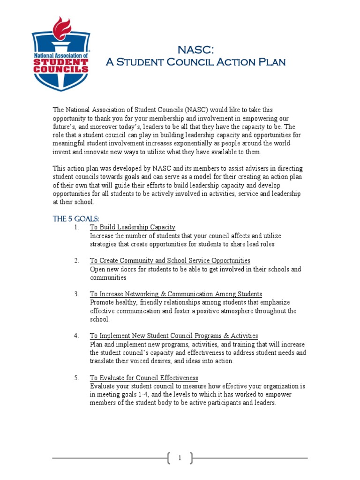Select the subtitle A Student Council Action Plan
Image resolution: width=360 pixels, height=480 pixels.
195,62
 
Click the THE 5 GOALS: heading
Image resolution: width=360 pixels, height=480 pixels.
76,218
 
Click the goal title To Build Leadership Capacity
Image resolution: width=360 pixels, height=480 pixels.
133,227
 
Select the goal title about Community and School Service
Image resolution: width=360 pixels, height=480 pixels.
170,261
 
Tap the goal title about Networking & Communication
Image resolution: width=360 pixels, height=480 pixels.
176,294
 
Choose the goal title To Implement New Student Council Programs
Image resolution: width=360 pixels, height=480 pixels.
174,336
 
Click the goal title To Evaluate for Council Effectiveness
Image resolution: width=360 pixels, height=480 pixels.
144,378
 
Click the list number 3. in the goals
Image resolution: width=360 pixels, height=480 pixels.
76,294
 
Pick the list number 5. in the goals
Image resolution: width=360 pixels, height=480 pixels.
76,378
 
